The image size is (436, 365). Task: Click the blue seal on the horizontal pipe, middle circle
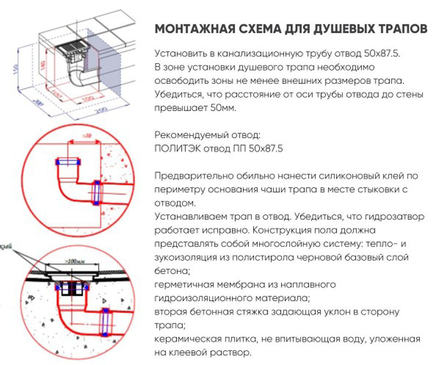[x=96, y=192]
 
